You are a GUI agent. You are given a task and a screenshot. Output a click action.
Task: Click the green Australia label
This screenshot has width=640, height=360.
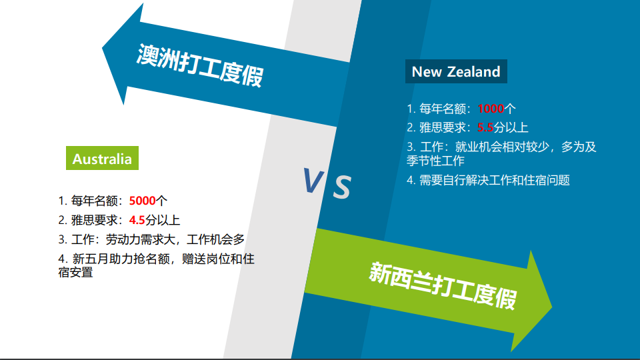pyautogui.click(x=102, y=158)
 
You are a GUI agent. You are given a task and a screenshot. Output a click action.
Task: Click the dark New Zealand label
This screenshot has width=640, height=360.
pyautogui.click(x=456, y=71)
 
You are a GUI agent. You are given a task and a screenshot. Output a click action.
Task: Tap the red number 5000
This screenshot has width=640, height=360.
pyautogui.click(x=142, y=201)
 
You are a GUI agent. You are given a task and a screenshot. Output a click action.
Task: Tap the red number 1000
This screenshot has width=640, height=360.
pyautogui.click(x=491, y=109)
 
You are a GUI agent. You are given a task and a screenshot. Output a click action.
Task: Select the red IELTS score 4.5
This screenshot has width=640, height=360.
pyautogui.click(x=137, y=220)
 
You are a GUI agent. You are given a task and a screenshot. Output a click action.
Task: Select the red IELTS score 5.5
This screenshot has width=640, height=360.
pyautogui.click(x=485, y=127)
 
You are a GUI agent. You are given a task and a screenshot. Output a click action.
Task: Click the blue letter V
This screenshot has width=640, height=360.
pyautogui.click(x=313, y=181)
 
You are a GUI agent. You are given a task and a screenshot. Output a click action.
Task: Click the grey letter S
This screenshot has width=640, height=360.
pyautogui.click(x=342, y=187)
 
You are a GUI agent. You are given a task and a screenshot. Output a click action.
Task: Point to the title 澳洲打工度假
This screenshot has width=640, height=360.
pyautogui.click(x=200, y=65)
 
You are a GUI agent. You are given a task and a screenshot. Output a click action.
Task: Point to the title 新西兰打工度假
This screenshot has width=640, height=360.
pyautogui.click(x=443, y=285)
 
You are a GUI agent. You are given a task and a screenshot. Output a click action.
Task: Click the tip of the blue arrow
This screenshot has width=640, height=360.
pyautogui.click(x=102, y=49)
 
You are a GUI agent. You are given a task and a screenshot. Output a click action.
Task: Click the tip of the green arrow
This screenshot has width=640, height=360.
pyautogui.click(x=552, y=306)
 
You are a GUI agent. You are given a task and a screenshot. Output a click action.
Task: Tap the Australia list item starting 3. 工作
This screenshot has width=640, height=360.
pyautogui.click(x=151, y=239)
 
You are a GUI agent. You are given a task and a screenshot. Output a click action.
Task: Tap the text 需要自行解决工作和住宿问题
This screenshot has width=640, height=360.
pyautogui.click(x=494, y=180)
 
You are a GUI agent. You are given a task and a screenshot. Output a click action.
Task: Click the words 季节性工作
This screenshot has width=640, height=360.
pyautogui.click(x=435, y=161)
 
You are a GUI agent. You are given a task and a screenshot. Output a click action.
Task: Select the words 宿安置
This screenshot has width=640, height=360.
pyautogui.click(x=75, y=272)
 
